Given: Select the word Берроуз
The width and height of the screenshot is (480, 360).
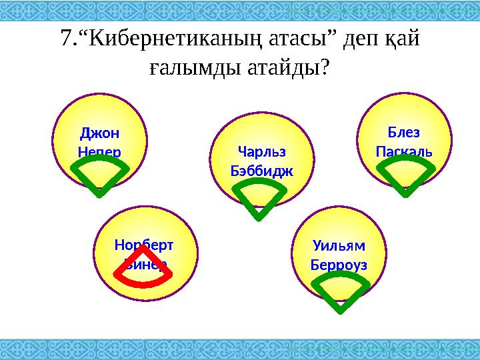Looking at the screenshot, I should coord(339,264).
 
